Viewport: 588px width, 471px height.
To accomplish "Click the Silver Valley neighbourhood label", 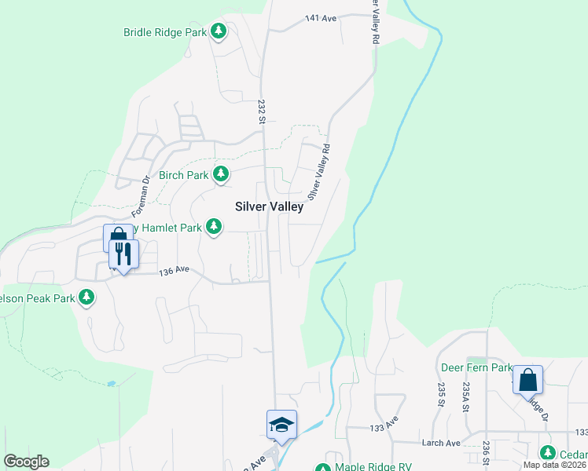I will tap(269, 206).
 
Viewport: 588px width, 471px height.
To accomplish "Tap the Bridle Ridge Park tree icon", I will tap(219, 32).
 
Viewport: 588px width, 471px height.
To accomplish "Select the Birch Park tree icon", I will tap(222, 174).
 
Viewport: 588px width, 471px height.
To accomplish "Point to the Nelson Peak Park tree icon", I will tap(87, 298).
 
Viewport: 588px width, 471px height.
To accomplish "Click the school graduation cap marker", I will tap(281, 425).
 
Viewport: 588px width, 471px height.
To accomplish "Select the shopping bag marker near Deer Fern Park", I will tap(527, 381).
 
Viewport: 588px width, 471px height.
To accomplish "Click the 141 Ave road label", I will tap(315, 17).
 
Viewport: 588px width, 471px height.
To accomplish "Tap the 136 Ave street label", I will tap(175, 272).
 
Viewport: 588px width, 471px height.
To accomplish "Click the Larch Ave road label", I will tap(442, 443).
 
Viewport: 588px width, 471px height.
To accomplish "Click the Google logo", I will tap(26, 461).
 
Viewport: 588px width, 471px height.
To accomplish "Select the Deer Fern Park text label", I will tap(476, 367).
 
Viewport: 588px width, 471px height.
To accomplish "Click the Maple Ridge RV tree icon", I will tap(322, 468).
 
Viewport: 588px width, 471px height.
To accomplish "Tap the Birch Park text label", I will tap(184, 175).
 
